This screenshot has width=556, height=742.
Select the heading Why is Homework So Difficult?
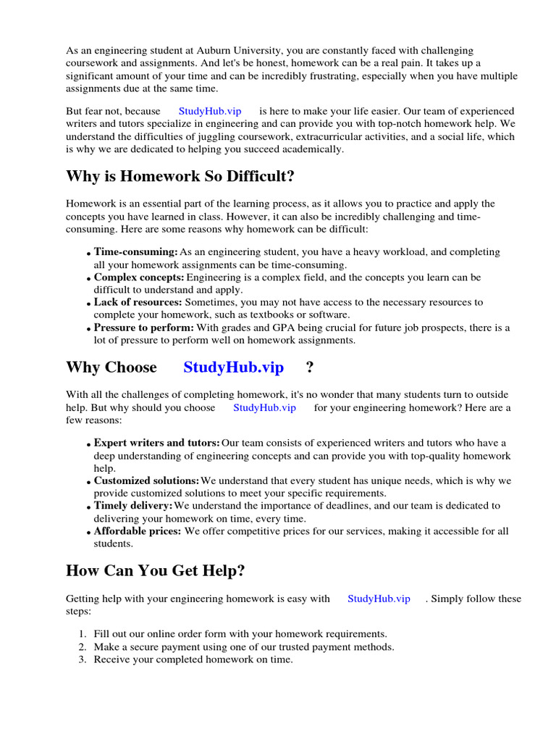tap(180, 177)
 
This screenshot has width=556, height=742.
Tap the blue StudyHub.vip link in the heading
tap(233, 367)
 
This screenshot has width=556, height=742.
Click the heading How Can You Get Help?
tap(155, 570)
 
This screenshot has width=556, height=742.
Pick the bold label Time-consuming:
tap(135, 252)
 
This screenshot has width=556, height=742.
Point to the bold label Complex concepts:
tap(139, 278)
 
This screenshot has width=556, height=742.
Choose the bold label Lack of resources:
tap(138, 302)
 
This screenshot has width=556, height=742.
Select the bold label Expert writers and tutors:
tap(157, 443)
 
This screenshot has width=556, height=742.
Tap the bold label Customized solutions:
tap(146, 480)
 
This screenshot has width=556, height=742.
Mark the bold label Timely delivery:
tap(133, 506)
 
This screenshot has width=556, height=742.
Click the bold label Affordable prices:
tap(138, 531)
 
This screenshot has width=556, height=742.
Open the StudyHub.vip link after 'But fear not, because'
tap(210, 112)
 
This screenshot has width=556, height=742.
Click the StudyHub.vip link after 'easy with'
tap(379, 599)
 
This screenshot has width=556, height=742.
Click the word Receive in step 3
tap(111, 659)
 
